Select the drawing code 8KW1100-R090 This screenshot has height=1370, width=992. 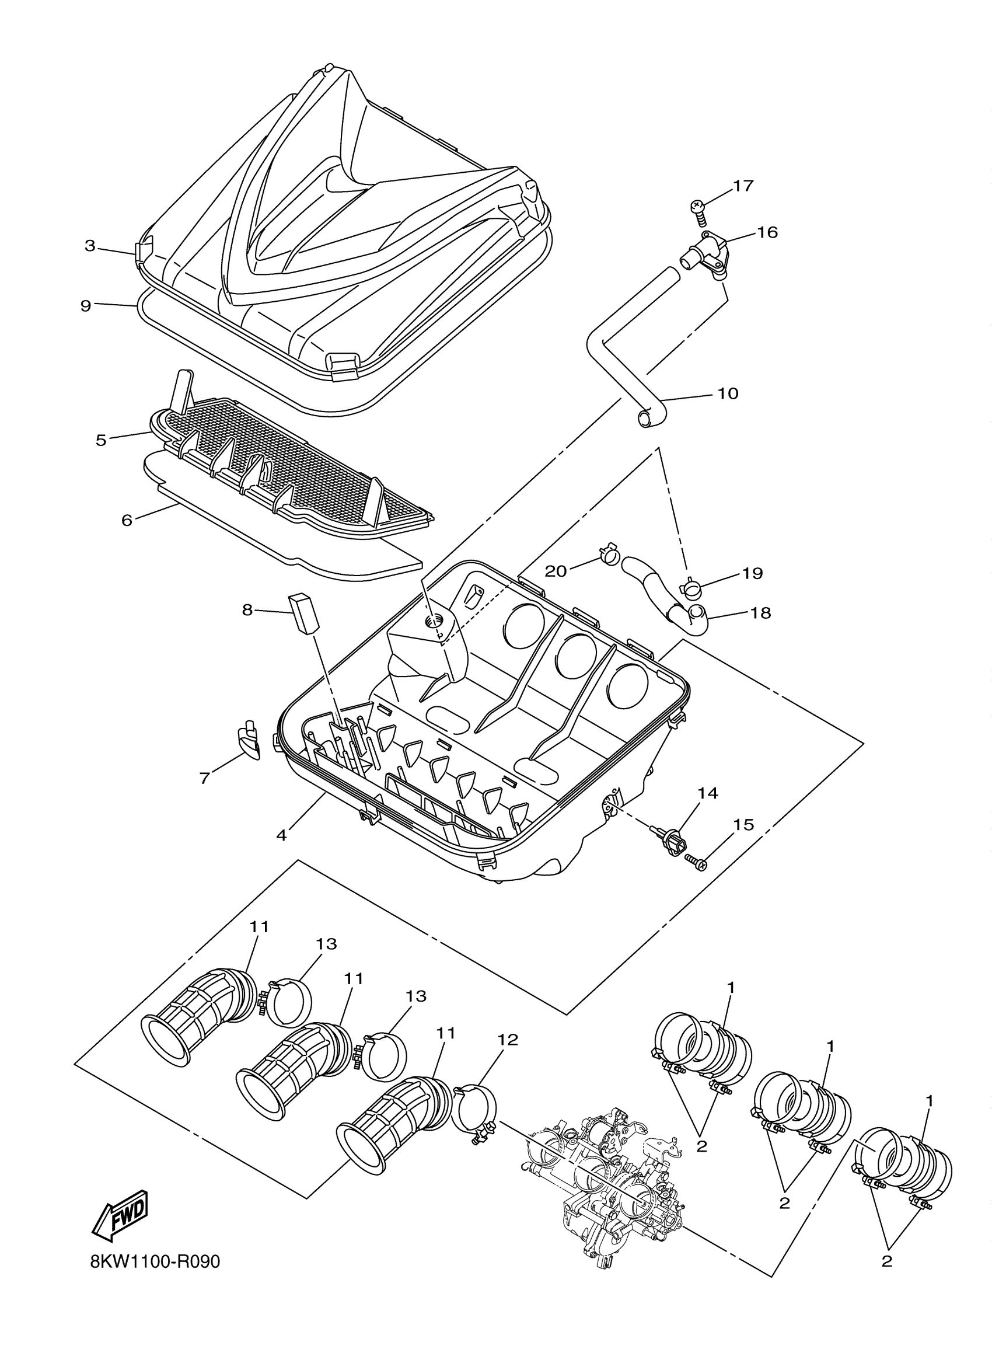click(x=155, y=1263)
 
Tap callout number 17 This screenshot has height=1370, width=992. click(x=743, y=186)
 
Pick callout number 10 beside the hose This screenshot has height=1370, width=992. click(x=728, y=393)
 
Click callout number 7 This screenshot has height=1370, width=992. click(x=205, y=779)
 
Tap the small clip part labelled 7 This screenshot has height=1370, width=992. click(x=248, y=741)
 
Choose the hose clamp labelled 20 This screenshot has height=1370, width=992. click(x=609, y=554)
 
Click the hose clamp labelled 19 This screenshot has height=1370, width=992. click(x=691, y=586)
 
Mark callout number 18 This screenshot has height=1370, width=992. click(x=761, y=613)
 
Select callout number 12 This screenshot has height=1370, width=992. click(x=508, y=1040)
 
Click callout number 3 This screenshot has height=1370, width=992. click(x=90, y=246)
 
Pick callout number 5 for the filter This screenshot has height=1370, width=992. click(x=101, y=440)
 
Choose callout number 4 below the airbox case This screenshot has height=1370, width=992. click(x=281, y=835)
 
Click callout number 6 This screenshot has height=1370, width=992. click(x=127, y=520)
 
